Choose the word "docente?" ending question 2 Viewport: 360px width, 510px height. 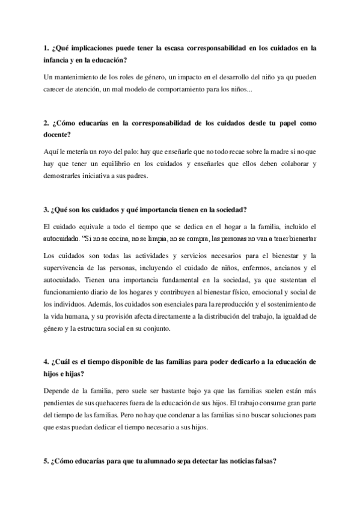59,135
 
